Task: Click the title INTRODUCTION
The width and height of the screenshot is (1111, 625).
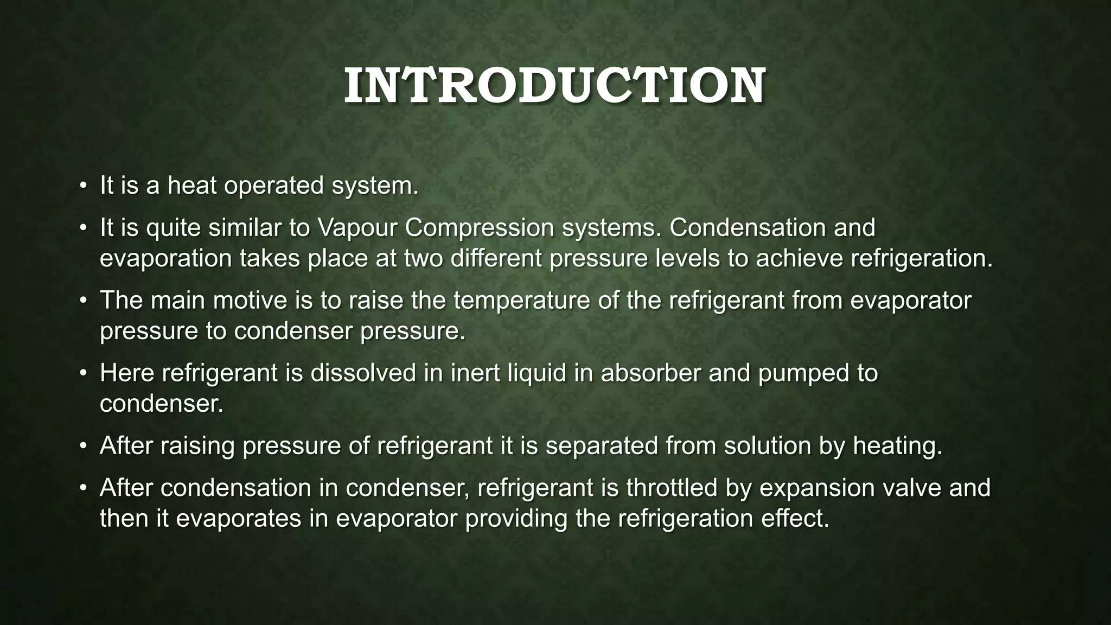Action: [x=554, y=86]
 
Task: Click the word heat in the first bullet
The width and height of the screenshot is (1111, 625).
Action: [x=191, y=186]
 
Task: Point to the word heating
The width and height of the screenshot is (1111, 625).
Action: [x=897, y=446]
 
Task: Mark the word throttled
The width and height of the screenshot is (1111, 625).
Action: [x=688, y=488]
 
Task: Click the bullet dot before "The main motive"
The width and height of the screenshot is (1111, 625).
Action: [x=82, y=301]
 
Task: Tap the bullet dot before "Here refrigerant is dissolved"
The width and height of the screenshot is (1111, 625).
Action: [x=82, y=373]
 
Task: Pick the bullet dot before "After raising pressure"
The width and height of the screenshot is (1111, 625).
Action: [x=82, y=446]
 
